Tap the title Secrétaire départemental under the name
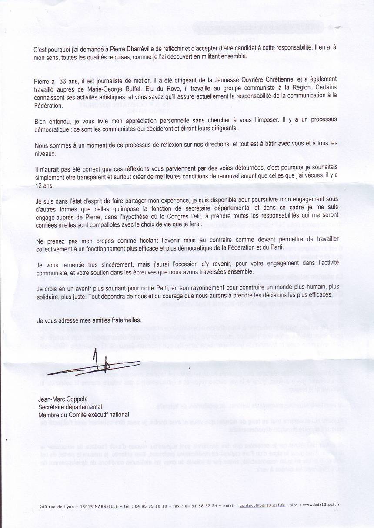70,407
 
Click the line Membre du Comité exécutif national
83,415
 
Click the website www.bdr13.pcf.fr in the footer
321,505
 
